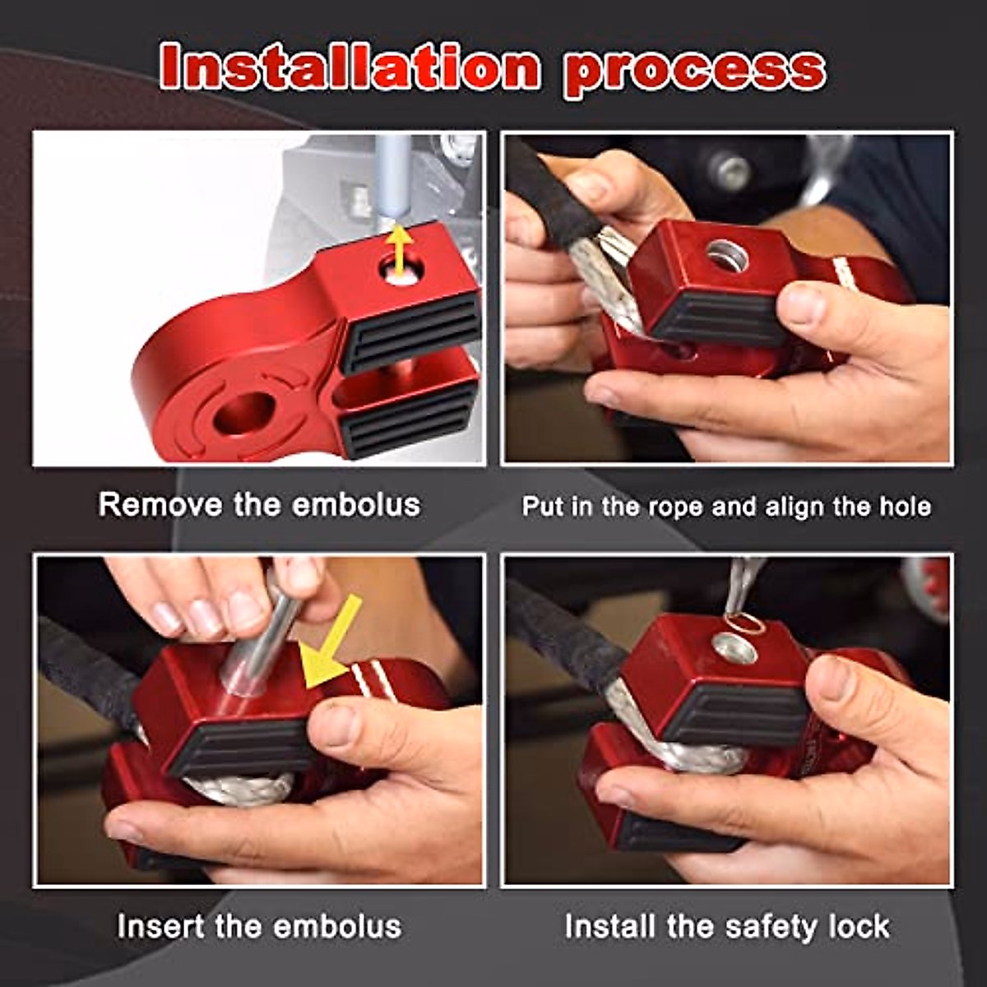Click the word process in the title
695,71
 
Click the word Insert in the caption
161,926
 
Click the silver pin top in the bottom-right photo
734,650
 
